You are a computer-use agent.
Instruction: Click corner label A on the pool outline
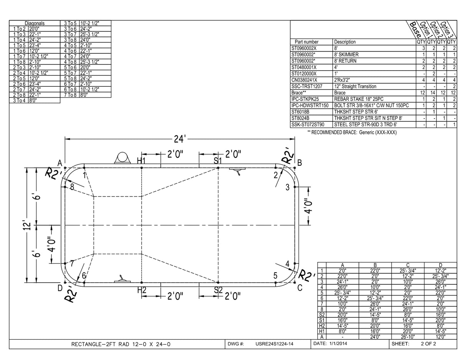(x=59, y=162)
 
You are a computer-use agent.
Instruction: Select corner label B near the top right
(x=299, y=163)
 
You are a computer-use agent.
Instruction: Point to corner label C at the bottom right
(x=299, y=287)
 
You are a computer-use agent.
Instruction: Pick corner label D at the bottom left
(x=60, y=288)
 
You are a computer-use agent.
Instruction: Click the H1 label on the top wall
(x=141, y=160)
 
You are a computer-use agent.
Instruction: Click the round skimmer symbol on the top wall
(x=122, y=158)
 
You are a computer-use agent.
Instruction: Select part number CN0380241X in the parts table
(x=304, y=80)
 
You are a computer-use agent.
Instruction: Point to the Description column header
(x=345, y=42)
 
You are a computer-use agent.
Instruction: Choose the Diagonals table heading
(x=35, y=23)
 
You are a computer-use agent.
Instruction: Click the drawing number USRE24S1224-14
(x=274, y=344)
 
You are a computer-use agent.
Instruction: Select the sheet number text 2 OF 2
(x=428, y=343)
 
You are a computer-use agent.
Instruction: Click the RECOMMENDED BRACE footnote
(x=352, y=132)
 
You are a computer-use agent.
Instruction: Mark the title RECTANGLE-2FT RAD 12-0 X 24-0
(x=121, y=344)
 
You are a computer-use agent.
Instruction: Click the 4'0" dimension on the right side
(x=309, y=207)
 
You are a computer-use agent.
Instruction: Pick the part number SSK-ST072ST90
(x=308, y=124)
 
